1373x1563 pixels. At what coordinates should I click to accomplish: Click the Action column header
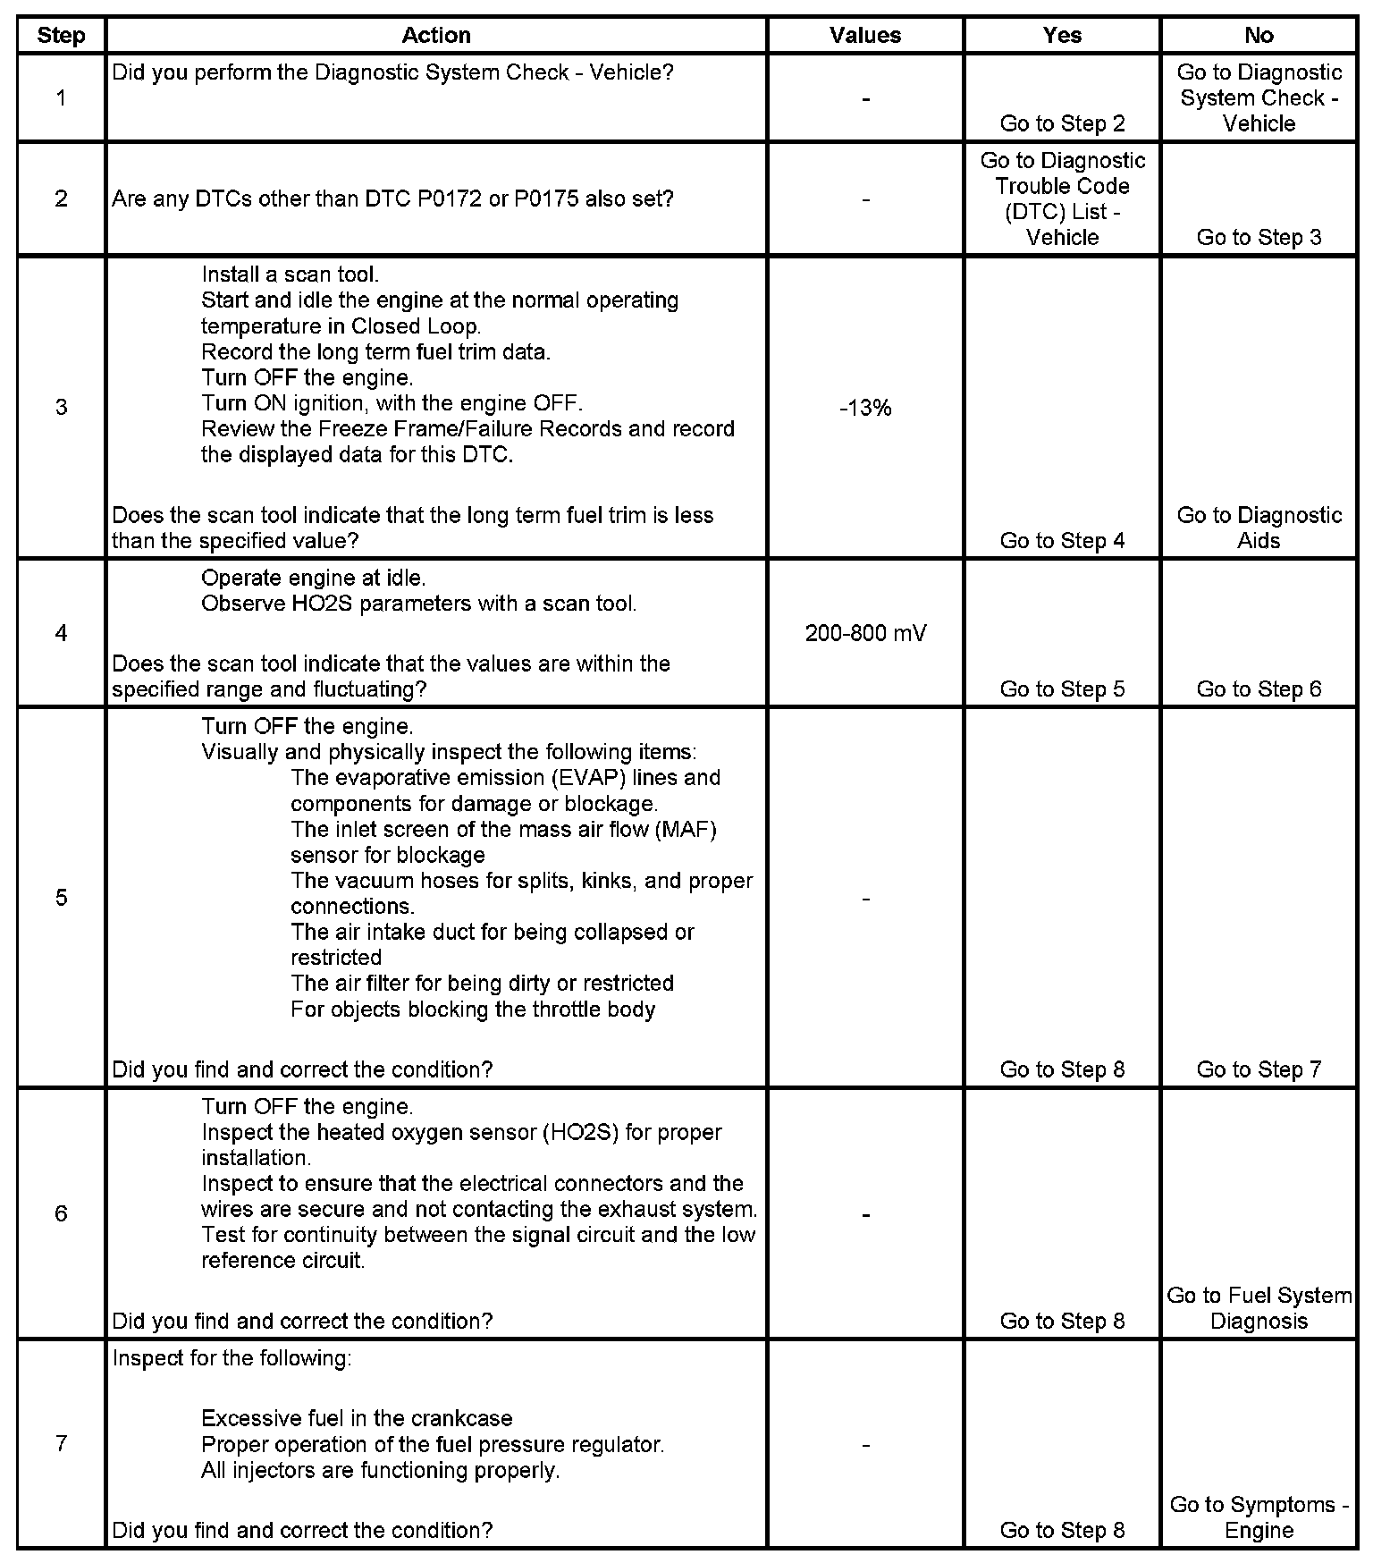435,36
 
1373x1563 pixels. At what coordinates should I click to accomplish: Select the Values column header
864,36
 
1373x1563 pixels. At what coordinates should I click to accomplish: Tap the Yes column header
1062,36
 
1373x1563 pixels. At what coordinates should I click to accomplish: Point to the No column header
1259,36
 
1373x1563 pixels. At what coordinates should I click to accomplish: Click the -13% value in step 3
865,409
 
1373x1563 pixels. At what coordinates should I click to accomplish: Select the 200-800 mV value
865,634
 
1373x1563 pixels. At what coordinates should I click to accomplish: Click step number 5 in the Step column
61,898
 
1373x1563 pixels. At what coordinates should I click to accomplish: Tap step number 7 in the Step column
61,1444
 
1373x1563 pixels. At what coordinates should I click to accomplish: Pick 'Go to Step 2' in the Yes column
1062,123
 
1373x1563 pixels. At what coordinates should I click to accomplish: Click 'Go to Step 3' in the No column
1259,237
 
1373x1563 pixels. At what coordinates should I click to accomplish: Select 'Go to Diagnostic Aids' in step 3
1259,528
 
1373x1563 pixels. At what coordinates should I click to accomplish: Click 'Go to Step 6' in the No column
1259,689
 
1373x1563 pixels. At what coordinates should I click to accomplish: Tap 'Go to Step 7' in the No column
1259,1069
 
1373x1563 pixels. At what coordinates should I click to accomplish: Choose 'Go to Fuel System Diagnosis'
1259,1308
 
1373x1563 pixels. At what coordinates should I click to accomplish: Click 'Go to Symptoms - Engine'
1259,1517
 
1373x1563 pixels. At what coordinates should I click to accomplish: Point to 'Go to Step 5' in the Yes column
1062,689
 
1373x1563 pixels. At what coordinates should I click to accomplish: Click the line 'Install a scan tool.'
290,275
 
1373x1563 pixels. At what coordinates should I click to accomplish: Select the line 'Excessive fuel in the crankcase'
357,1419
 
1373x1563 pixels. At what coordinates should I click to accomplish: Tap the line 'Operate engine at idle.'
313,578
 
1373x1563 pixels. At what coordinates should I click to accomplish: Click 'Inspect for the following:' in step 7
232,1358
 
